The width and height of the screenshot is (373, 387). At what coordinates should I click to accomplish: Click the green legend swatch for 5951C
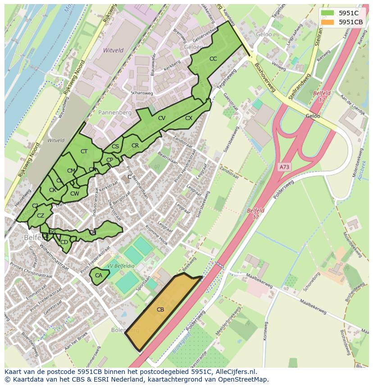[327, 13]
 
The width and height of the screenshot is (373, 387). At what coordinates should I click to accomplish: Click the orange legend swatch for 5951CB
[327, 22]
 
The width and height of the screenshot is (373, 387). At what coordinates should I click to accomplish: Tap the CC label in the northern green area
[213, 59]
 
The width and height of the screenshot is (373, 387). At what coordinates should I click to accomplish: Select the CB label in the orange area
[160, 309]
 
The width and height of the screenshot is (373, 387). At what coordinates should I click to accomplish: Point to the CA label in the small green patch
[99, 275]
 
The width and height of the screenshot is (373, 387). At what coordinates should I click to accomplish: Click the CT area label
[84, 151]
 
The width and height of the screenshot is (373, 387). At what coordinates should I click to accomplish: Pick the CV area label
[162, 118]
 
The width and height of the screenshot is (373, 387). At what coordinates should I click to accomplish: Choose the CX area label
[189, 118]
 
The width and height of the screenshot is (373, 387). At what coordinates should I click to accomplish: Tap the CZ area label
[41, 216]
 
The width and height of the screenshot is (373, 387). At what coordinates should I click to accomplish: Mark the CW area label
[75, 194]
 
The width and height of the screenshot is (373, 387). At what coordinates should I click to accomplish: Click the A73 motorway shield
[284, 167]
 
